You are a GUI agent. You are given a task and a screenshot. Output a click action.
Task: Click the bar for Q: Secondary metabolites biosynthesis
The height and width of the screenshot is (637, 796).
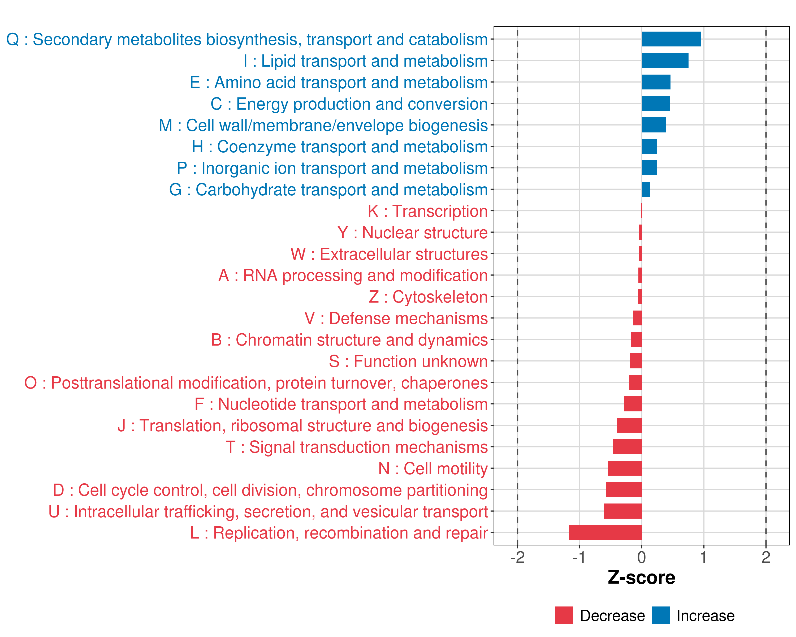coord(671,39)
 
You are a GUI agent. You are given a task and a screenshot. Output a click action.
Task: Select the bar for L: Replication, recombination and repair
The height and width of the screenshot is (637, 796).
coord(605,532)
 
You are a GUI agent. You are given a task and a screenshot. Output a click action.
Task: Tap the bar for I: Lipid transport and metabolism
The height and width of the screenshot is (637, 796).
coord(665,61)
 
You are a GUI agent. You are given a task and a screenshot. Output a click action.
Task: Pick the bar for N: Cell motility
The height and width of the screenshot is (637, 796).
coord(625,468)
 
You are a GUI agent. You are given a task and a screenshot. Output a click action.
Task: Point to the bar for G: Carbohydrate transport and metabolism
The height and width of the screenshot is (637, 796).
coord(646,190)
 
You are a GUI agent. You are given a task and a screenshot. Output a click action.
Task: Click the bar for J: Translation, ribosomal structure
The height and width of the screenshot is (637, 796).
coord(629,425)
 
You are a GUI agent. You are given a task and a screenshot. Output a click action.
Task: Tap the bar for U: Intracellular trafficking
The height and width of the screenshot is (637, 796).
coord(622,511)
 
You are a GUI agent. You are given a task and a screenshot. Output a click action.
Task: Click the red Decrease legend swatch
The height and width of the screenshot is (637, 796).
coord(564,615)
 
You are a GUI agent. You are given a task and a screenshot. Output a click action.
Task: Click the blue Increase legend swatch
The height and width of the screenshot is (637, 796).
coord(660,615)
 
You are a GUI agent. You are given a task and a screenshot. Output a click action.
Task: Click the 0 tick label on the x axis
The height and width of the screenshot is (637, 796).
coord(642,558)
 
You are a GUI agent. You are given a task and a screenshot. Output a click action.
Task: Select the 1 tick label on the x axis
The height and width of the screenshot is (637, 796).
coord(704,558)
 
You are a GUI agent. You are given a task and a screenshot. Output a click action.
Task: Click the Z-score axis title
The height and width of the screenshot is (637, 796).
coord(642,578)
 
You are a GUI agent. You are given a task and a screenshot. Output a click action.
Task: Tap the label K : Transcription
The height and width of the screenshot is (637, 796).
coord(427,211)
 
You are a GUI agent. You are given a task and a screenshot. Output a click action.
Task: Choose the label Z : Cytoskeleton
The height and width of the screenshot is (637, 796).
coord(428,297)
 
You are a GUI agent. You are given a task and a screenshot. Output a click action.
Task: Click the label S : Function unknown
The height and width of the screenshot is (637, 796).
coord(408,361)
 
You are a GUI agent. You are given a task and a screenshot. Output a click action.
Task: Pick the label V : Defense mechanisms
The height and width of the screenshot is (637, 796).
coord(396,318)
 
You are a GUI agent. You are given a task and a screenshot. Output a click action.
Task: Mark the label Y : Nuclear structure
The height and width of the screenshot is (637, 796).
coord(412,233)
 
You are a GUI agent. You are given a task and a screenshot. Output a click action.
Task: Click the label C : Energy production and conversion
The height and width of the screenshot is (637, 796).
coord(349,104)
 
